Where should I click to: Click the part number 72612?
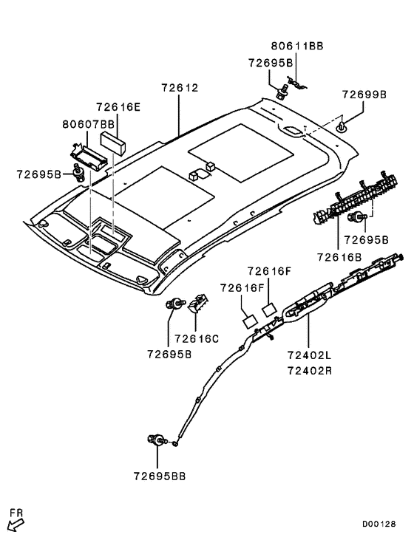180,88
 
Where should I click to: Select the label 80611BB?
297,46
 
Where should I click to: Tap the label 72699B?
364,95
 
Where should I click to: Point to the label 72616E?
118,107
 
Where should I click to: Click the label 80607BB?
88,124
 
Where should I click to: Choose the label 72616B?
339,257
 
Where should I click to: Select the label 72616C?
197,339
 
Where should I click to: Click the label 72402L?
309,355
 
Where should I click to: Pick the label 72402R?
310,371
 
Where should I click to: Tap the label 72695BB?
160,476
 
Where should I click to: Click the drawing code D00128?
379,524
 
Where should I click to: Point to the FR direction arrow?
16,524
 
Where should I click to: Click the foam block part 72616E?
112,143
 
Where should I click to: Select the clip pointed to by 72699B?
341,126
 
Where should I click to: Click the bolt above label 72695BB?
157,440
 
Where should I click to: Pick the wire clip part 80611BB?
296,83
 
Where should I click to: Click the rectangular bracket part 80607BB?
89,156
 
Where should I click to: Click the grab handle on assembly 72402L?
308,303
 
